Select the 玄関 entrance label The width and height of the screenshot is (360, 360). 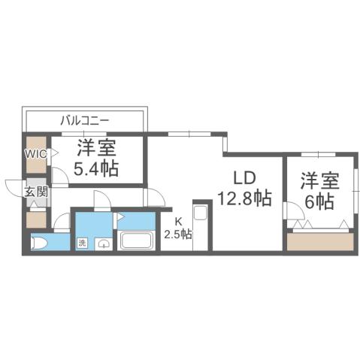pyautogui.click(x=36, y=192)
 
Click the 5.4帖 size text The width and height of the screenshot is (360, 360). pyautogui.click(x=95, y=168)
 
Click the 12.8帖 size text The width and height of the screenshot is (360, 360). pyautogui.click(x=245, y=198)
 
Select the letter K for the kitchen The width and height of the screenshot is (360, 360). pyautogui.click(x=179, y=222)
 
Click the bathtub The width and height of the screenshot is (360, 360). pyautogui.click(x=137, y=242)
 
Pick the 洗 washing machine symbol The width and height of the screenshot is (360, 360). pyautogui.click(x=82, y=244)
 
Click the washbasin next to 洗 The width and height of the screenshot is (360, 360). pyautogui.click(x=103, y=244)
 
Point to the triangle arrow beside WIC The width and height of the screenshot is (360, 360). pyautogui.click(x=54, y=153)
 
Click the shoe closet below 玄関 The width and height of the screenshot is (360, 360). pyautogui.click(x=36, y=220)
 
